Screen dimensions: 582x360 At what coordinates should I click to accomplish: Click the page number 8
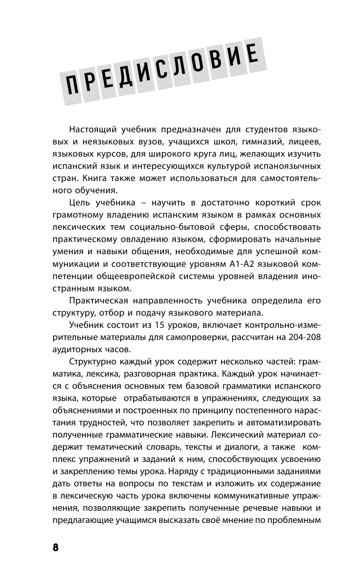pyautogui.click(x=55, y=548)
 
